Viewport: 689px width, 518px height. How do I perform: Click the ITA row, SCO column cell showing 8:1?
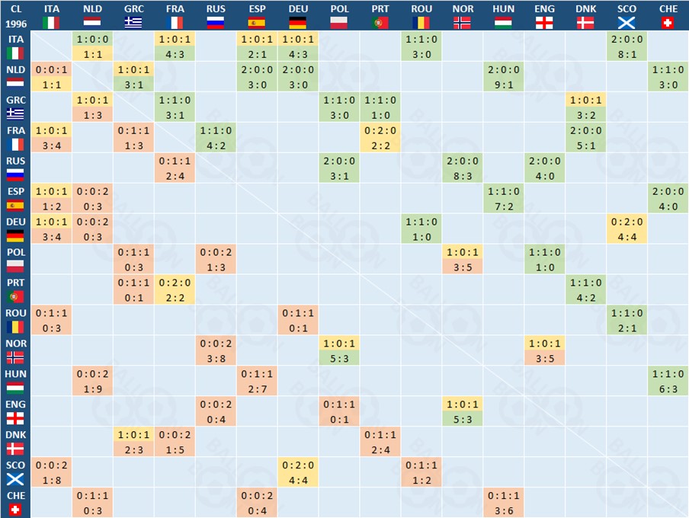(x=627, y=53)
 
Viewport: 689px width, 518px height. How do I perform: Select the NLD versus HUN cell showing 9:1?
(x=503, y=84)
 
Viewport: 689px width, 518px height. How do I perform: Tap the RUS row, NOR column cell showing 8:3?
(x=462, y=175)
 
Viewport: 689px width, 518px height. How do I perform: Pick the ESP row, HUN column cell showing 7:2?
(x=503, y=206)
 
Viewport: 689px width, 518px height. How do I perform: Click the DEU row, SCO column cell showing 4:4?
(x=627, y=236)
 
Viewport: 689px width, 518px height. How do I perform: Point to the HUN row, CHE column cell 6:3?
(x=668, y=388)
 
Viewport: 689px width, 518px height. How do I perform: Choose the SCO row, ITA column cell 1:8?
(x=52, y=480)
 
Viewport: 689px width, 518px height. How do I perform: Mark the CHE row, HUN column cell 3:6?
(x=503, y=510)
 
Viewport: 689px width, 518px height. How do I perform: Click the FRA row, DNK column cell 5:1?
(x=585, y=145)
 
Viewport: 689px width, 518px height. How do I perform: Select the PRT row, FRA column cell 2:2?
(x=175, y=297)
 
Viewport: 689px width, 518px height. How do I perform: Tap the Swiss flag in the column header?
(x=668, y=23)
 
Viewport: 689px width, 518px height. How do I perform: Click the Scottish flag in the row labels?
(x=15, y=479)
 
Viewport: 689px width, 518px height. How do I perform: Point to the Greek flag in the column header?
(x=133, y=23)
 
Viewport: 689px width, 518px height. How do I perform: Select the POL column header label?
(x=339, y=9)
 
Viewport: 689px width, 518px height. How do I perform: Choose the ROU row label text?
(x=15, y=313)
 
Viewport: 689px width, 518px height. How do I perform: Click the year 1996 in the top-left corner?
(x=15, y=23)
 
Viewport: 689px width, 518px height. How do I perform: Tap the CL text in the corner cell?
(x=15, y=9)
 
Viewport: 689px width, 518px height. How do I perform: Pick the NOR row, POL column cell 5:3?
(x=339, y=358)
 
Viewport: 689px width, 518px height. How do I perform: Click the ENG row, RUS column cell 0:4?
(x=216, y=419)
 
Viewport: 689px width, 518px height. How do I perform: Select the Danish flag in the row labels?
(x=15, y=449)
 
